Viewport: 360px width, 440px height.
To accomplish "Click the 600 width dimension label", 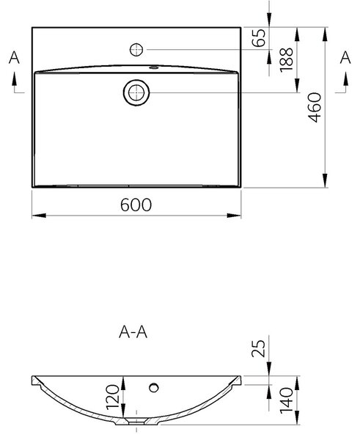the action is pos(136,205).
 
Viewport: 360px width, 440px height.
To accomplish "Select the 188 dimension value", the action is pos(287,60).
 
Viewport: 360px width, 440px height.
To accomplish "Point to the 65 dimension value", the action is pos(259,37).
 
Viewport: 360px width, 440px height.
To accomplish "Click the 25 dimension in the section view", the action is pos(258,348).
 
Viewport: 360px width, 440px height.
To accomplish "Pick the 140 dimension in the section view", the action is pos(287,400).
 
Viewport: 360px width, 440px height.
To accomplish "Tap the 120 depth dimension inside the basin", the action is pos(113,397).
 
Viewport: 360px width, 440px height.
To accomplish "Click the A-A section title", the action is pos(133,332).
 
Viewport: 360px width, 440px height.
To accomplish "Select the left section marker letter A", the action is pos(14,57).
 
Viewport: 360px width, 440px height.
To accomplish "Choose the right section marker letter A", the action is pos(345,57).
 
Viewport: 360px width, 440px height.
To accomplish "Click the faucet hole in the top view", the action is pos(136,50).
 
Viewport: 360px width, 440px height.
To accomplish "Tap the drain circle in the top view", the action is pos(136,92).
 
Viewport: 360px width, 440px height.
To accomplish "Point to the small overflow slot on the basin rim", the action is pos(153,67).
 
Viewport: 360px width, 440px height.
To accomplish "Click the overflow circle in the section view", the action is pos(154,387).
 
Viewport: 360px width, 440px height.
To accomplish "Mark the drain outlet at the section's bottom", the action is pos(136,422).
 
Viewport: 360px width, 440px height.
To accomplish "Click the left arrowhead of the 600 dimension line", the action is pos(39,216).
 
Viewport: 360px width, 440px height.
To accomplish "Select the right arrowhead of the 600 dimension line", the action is pos(234,216).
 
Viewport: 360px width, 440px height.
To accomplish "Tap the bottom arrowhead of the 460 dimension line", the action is pos(325,180).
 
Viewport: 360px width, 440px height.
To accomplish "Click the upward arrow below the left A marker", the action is pos(14,79).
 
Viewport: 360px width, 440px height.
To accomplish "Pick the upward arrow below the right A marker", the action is pos(345,79).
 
